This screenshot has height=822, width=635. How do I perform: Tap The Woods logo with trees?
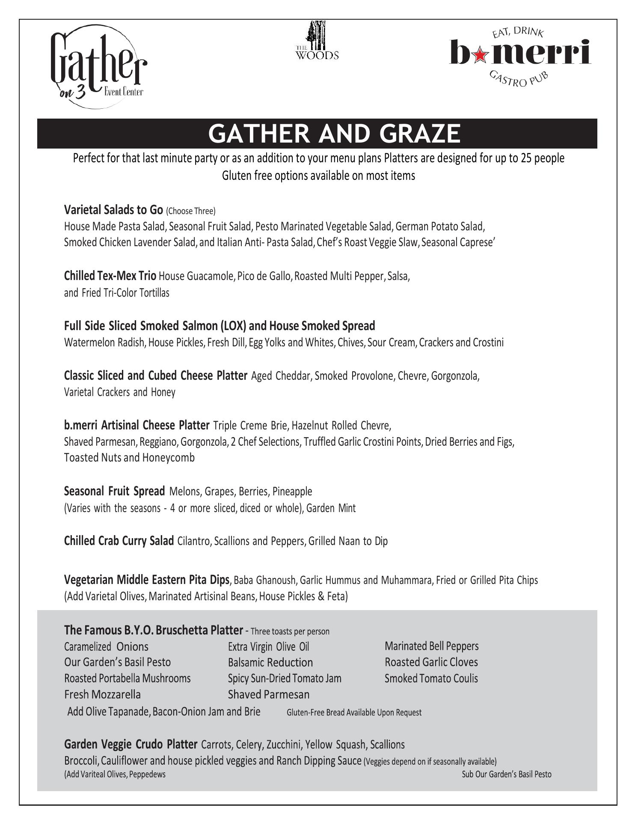[317, 42]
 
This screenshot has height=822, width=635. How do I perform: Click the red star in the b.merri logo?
[481, 53]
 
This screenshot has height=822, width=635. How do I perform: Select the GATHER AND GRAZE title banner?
[317, 134]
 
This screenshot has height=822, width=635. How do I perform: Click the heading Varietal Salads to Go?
[113, 210]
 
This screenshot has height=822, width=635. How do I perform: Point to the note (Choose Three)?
[191, 211]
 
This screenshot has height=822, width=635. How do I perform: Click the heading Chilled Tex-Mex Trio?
[110, 276]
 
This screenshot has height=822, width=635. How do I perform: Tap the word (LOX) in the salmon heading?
[233, 326]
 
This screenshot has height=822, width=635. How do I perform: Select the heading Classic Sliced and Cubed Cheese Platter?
[155, 375]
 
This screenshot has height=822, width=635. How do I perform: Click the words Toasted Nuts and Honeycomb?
[129, 458]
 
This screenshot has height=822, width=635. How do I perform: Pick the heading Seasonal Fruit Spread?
[114, 491]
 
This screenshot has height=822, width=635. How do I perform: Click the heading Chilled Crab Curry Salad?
[119, 541]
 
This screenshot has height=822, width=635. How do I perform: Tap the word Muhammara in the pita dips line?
[407, 581]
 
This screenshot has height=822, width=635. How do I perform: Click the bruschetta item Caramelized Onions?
[106, 646]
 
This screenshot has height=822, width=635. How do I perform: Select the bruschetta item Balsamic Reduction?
[270, 662]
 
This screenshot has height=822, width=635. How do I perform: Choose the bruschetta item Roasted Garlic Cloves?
[431, 662]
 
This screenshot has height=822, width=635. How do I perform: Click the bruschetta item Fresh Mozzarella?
[102, 694]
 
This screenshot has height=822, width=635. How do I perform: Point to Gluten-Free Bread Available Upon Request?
[354, 712]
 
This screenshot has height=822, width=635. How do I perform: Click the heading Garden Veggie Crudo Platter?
[131, 745]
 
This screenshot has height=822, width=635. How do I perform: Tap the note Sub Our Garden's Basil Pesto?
[506, 774]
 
